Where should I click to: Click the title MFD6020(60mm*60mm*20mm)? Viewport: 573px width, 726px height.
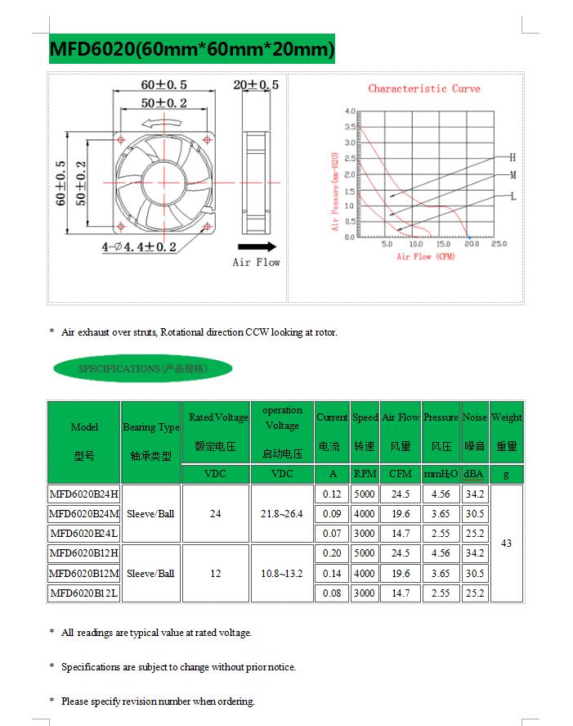(192, 50)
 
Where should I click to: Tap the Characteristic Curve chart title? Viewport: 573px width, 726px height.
(423, 88)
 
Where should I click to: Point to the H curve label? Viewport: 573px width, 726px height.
(513, 156)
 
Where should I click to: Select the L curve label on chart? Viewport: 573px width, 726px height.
(513, 196)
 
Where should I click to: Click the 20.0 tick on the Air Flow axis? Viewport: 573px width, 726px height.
(471, 244)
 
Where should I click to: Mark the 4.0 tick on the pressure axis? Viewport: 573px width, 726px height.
(350, 110)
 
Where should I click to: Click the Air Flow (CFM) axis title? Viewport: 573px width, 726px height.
(425, 257)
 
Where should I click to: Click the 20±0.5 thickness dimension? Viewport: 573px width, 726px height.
(256, 85)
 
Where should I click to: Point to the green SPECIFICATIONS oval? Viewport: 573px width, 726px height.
(142, 369)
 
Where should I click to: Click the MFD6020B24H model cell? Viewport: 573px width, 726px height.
(83, 494)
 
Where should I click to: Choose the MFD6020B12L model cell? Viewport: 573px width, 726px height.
(83, 593)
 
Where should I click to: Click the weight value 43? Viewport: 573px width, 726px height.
(506, 543)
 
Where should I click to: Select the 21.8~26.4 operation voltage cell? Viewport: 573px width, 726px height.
(282, 514)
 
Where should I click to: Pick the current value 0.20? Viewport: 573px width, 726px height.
(332, 553)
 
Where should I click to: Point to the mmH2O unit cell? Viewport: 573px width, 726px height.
(441, 474)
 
